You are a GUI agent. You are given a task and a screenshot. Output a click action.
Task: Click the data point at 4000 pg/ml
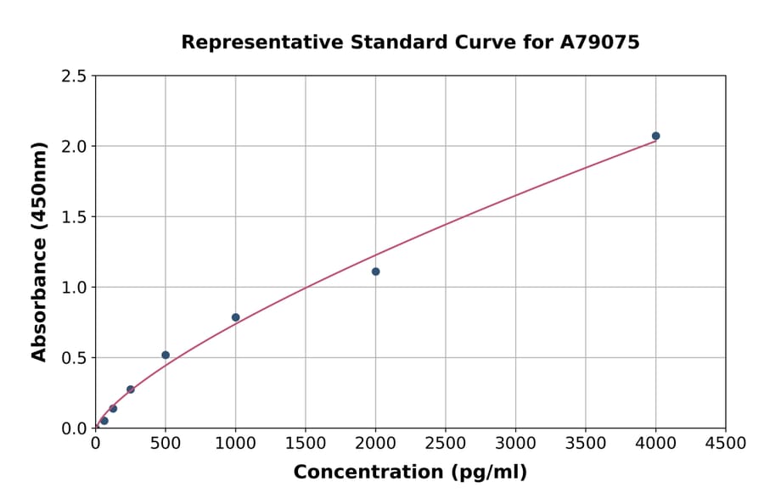655,136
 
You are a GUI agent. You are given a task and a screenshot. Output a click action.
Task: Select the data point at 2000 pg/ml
375,272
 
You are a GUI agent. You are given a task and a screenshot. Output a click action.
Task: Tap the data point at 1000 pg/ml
235,317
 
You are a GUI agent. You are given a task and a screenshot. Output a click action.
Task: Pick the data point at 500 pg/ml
166,355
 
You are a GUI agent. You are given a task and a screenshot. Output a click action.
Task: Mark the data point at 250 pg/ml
131,389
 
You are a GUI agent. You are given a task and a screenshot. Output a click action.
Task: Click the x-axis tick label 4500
725,443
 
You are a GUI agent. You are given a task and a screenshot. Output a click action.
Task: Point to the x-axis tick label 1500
306,443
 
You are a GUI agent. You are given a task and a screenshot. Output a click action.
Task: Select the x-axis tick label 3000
515,443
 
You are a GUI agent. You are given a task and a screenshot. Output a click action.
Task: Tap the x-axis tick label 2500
446,443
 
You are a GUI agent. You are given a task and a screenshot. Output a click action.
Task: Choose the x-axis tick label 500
166,443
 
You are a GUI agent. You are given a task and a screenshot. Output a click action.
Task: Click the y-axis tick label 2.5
74,76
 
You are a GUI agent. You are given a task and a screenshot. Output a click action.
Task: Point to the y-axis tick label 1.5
74,217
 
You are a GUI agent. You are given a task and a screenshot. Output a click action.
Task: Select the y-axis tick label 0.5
74,358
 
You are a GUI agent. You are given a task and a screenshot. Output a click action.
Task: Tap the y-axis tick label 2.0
74,147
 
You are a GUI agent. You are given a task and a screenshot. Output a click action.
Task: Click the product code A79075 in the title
599,42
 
